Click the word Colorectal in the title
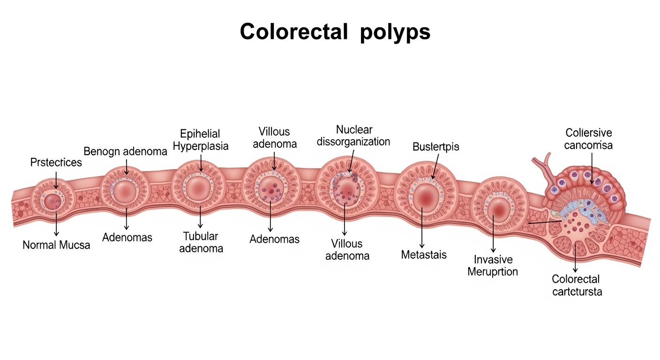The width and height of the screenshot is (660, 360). [x=293, y=32]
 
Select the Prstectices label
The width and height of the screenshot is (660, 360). [x=56, y=163]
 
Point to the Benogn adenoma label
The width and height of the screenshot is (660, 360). [x=125, y=151]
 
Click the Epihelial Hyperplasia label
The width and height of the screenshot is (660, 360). [x=201, y=140]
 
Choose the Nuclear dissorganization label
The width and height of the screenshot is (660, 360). [x=353, y=135]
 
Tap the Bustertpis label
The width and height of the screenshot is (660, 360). [x=435, y=147]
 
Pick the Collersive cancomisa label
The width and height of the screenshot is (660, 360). [x=588, y=139]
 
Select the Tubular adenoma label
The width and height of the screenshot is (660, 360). [x=201, y=242]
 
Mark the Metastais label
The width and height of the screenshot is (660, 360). [x=424, y=255]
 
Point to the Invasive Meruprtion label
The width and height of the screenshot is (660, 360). [x=493, y=265]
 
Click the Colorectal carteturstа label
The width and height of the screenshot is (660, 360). [x=576, y=285]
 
